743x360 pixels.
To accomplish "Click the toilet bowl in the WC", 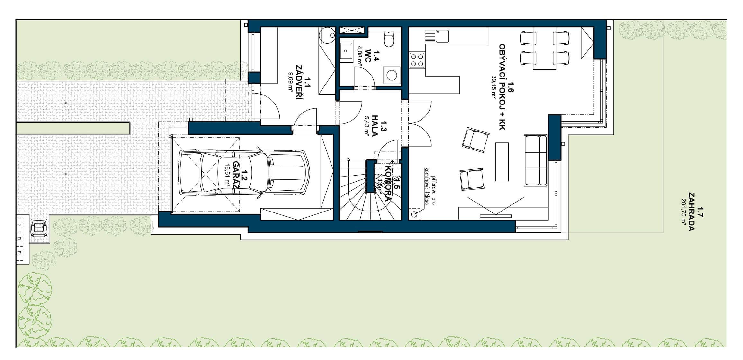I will tap(389, 40).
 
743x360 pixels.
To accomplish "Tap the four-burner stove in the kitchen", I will tap(417, 60).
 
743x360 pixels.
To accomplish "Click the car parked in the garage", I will tap(244, 173).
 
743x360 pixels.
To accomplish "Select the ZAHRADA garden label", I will tap(691, 212).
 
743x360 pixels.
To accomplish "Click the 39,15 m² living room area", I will tap(493, 86).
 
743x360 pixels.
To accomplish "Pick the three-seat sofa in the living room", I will tap(536, 160).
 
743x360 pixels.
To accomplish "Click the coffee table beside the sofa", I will tap(502, 162).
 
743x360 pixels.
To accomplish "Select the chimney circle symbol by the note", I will tap(415, 214).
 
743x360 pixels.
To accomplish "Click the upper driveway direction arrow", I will tap(72, 103).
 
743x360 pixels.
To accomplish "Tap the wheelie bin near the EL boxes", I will tap(39, 228).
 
